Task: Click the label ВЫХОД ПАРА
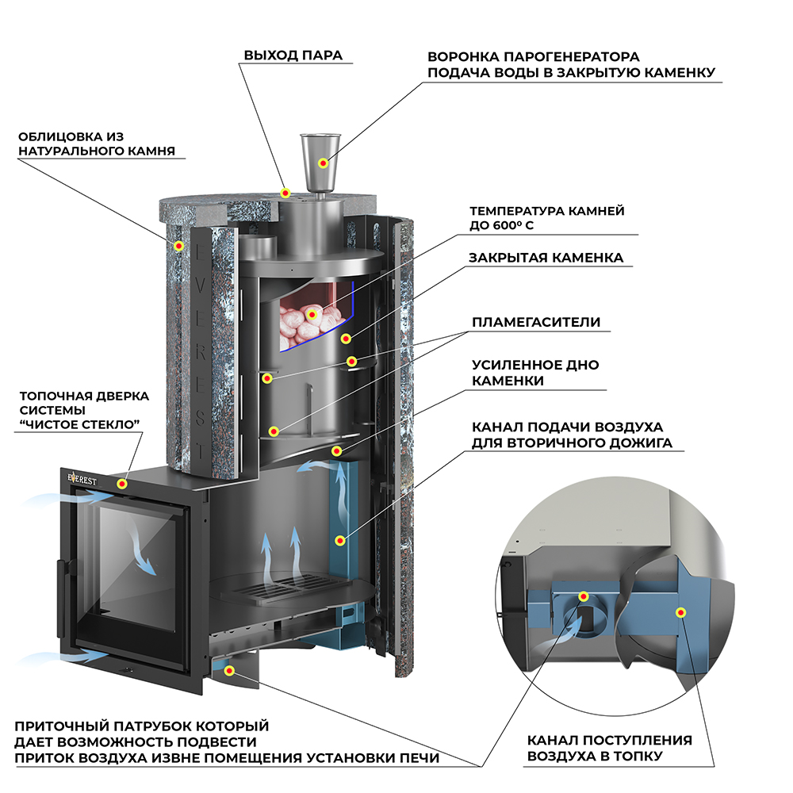coord(293,56)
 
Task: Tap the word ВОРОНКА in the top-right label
coord(464,56)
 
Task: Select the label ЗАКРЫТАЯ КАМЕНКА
coord(546,258)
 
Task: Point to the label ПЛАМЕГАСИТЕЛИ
coord(536,322)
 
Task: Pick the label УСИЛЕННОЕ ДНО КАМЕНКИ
coord(535,373)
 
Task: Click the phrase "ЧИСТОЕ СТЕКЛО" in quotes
coord(79,423)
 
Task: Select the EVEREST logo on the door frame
coord(82,478)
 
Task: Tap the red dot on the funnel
coord(324,163)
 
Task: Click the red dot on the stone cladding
coord(178,247)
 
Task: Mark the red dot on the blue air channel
coord(340,541)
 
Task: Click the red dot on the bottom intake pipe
coord(230,671)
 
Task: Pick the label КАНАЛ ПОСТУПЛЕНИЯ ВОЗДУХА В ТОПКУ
coord(609,748)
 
